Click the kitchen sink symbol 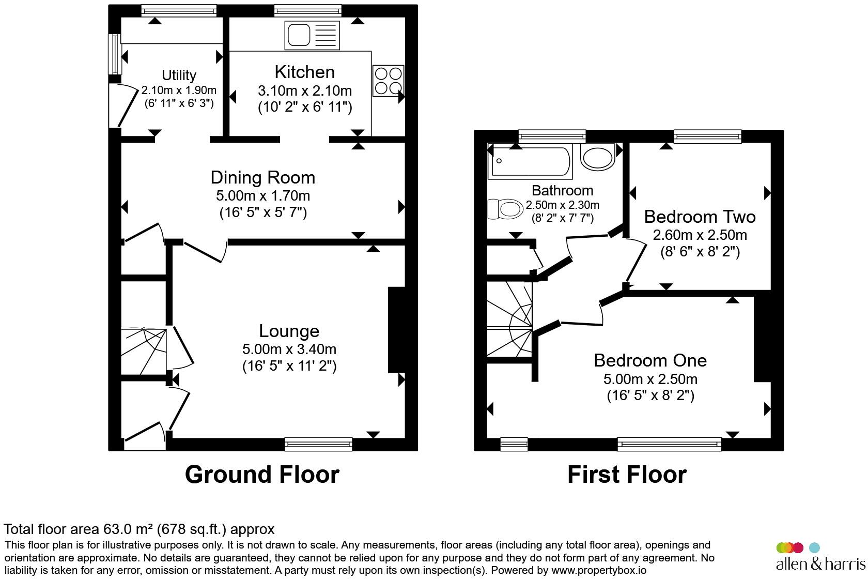click(x=312, y=35)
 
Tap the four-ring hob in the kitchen click(x=388, y=81)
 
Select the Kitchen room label click(x=305, y=72)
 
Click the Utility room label click(x=179, y=75)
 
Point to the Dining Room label click(x=262, y=178)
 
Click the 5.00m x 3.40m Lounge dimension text click(x=289, y=349)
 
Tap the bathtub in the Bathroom click(x=530, y=161)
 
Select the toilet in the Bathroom click(x=505, y=209)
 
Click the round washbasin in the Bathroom click(x=597, y=157)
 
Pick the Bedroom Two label click(x=700, y=217)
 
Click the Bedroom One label click(x=650, y=361)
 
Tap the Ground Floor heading click(x=262, y=474)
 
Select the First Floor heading click(x=627, y=474)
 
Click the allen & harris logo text click(x=820, y=564)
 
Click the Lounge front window click(x=318, y=444)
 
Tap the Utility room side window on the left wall click(x=115, y=54)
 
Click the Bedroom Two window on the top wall click(x=708, y=136)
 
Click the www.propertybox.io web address click(x=599, y=570)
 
